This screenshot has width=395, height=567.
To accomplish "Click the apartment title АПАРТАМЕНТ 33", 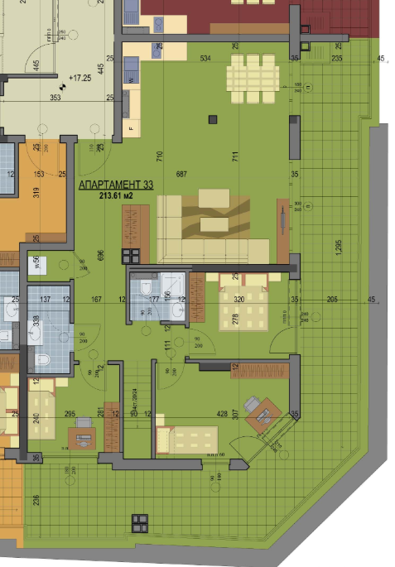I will click(116, 185).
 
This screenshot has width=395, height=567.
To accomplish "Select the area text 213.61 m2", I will click(116, 196).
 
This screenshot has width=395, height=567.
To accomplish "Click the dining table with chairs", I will click(252, 77).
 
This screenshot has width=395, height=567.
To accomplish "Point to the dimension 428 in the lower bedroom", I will click(222, 414).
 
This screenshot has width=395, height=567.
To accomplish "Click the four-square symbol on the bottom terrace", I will click(139, 521).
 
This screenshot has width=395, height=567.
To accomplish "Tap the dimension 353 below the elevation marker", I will click(55, 98).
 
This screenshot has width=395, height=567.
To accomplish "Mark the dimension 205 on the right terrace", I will click(332, 299).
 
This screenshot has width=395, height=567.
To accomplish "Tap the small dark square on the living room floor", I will click(213, 121).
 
